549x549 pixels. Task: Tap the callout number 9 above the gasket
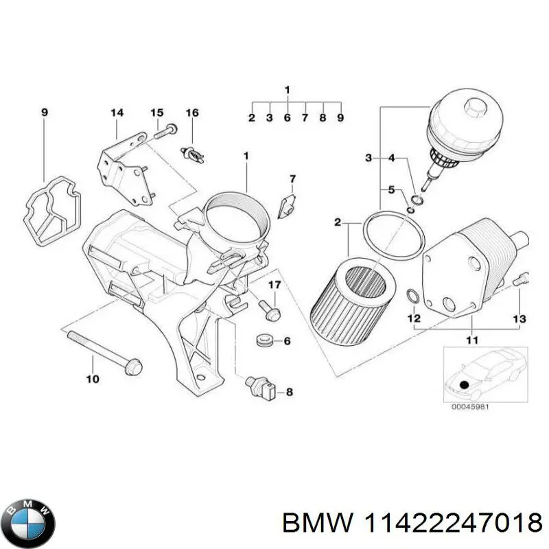coord(45,113)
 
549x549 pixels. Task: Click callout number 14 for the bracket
coord(117,113)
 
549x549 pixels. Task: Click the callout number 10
coord(92,379)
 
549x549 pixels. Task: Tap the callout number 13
coord(519,319)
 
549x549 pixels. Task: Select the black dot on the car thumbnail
coord(466,386)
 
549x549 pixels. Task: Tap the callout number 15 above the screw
coord(157,113)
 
